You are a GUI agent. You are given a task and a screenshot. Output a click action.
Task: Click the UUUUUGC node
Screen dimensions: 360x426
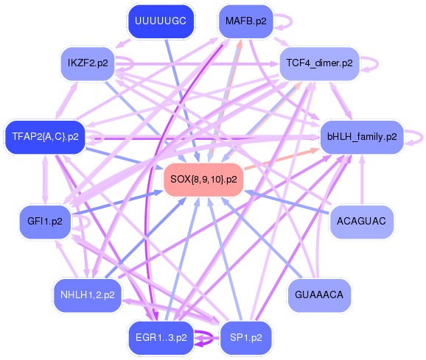159,22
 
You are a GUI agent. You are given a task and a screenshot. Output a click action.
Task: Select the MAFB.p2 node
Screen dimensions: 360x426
245,21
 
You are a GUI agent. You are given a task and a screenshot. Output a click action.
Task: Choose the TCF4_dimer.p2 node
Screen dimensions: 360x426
319,63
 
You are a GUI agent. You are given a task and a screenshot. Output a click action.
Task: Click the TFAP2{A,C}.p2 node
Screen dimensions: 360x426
45,136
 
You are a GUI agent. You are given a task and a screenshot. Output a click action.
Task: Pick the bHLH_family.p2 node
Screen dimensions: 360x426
361,136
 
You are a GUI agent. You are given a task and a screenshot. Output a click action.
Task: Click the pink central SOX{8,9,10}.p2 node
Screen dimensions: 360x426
203,179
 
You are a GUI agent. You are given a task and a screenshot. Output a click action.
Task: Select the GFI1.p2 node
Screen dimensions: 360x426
44,221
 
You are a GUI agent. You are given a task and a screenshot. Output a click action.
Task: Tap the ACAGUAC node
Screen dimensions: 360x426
361,221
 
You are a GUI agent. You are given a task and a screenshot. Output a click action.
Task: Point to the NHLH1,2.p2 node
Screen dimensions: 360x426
87,295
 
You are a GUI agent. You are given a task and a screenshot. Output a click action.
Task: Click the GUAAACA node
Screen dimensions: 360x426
318,294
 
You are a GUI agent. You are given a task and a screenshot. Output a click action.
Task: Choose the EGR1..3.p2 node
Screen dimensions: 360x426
161,337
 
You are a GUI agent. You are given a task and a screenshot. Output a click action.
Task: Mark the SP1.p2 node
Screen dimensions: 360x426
245,337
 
